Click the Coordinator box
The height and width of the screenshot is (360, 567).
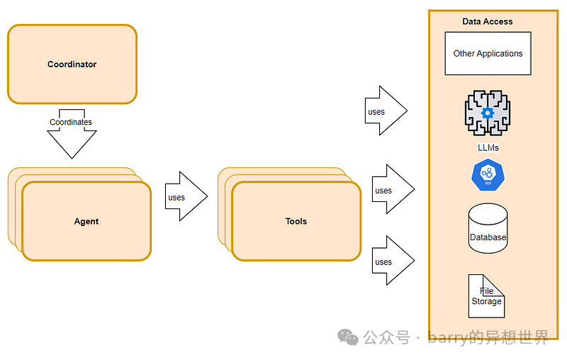coord(72,64)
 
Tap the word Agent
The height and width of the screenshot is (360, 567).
coord(86,221)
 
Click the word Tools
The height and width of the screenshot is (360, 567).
coord(296,221)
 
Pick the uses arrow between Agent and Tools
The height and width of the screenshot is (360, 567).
coord(186,196)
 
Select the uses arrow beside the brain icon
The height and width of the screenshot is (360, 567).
coord(386,111)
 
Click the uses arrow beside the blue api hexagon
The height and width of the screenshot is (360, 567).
coord(393,189)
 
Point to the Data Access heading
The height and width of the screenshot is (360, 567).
coord(488,22)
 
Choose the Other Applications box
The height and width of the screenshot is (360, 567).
coord(488,53)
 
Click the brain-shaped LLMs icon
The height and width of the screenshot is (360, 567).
coord(488,113)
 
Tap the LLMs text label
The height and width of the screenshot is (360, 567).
coord(488,147)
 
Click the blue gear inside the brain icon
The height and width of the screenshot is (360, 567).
coord(488,113)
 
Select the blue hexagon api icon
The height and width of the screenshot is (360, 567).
coord(488,175)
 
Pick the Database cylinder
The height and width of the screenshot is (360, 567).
coord(488,228)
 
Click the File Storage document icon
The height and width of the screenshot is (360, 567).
coord(486,296)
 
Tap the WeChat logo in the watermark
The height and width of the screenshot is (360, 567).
coord(348,337)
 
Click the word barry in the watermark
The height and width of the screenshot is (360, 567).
coord(448,338)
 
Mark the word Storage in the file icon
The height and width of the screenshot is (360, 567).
coord(486,301)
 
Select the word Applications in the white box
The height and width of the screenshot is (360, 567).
coord(500,54)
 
